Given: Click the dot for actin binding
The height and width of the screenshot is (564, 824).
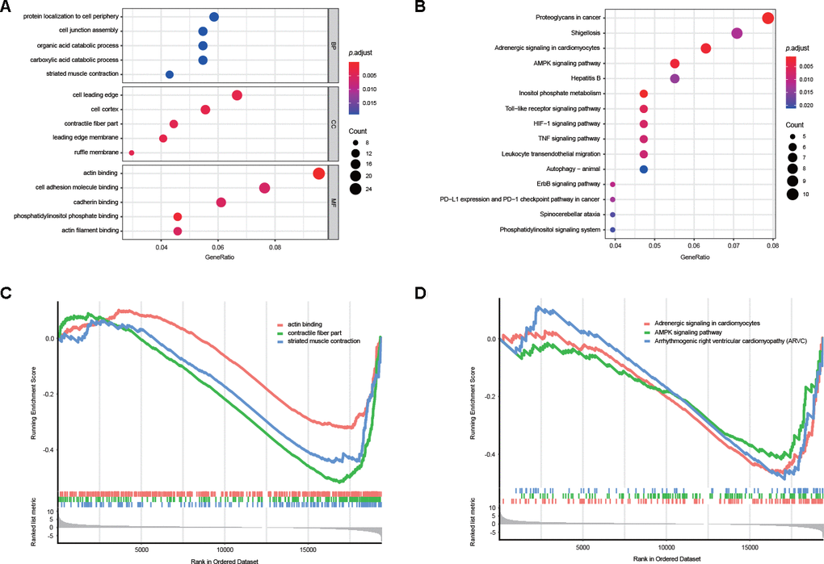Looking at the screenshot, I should pyautogui.click(x=319, y=173).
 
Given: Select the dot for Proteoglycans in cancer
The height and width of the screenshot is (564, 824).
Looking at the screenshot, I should pyautogui.click(x=768, y=19).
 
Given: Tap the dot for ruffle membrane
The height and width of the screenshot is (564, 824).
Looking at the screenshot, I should pyautogui.click(x=132, y=152).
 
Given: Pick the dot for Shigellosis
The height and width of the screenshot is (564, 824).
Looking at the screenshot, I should pyautogui.click(x=737, y=33).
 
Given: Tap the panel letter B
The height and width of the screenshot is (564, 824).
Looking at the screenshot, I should pyautogui.click(x=420, y=7).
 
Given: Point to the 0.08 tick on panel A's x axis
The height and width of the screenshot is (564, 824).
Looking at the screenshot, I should pyautogui.click(x=275, y=247).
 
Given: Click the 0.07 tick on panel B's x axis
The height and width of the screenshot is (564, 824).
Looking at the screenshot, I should pyautogui.click(x=734, y=247).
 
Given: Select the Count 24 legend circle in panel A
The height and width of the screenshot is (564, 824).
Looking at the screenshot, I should pyautogui.click(x=357, y=190).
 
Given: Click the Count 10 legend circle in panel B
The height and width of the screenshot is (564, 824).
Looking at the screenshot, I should pyautogui.click(x=792, y=194).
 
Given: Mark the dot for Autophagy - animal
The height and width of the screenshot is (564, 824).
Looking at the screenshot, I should pyautogui.click(x=644, y=169).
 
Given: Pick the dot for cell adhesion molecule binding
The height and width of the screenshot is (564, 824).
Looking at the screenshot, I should pyautogui.click(x=264, y=188).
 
